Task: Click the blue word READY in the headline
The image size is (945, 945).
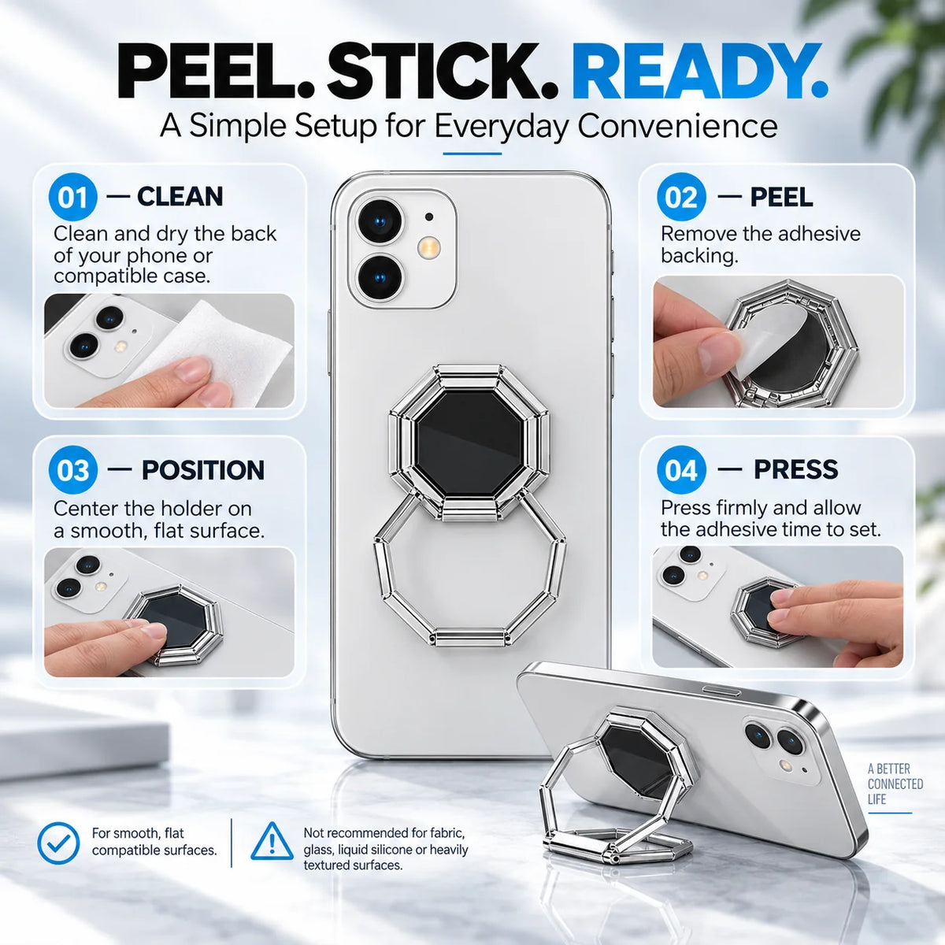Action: coord(699,72)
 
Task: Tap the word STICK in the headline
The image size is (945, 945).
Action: coord(443,72)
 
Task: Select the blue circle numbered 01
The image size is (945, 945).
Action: coord(72,197)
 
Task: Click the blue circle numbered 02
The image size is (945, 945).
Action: coord(682,197)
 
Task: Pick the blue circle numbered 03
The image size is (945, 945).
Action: coord(72,470)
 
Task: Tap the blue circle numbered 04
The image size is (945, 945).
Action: coord(682,469)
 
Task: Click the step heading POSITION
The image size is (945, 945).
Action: coord(203,470)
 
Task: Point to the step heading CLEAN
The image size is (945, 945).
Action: coord(180,197)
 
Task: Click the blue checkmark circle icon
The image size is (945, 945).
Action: coord(58,843)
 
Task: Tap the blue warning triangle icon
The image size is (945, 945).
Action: coord(272,842)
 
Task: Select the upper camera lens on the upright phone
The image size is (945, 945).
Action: coord(380,221)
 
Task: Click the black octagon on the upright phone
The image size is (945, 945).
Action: coord(469,443)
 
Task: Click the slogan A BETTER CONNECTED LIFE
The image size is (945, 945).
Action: coord(895,784)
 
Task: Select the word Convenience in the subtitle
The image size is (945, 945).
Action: coord(677,127)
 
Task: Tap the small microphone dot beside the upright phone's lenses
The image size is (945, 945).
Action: coord(429,217)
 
